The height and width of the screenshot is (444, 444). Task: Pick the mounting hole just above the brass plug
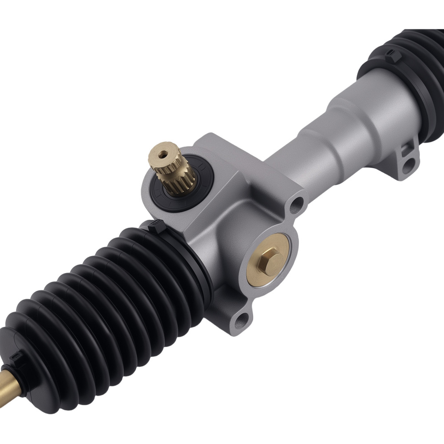click(x=296, y=204)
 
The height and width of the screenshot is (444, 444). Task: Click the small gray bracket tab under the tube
click(x=402, y=160)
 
